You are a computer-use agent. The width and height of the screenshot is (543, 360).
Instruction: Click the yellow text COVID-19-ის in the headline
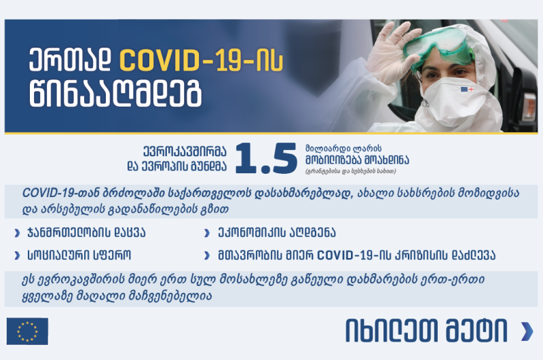201,61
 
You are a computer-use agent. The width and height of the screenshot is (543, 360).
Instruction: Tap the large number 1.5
266,158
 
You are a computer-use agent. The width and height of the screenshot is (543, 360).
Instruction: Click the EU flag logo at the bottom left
27,331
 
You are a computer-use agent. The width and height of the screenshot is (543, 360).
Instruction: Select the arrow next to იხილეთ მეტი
527,331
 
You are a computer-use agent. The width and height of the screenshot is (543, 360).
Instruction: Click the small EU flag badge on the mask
467,90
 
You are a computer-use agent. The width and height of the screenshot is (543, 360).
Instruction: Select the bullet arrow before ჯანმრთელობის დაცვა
17,234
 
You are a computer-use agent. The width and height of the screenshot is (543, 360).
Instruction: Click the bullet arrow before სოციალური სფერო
17,255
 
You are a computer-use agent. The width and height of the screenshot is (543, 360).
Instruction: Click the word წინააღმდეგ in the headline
115,94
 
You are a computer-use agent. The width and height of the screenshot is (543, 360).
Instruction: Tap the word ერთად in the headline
70,61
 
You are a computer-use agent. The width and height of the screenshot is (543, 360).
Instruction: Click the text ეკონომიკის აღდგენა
277,233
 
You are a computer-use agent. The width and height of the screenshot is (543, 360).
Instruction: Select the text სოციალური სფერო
79,255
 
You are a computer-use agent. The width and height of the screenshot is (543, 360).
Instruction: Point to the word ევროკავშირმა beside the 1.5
185,151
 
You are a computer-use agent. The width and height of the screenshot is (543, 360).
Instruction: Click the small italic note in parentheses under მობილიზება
350,171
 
